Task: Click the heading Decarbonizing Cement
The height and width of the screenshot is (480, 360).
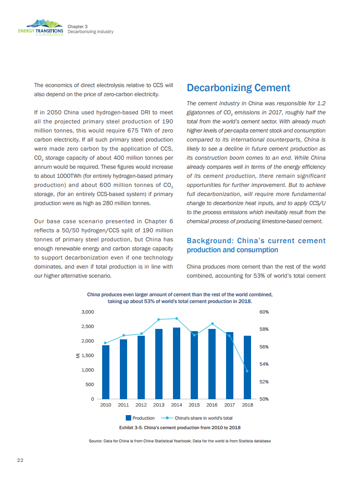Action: click(238, 88)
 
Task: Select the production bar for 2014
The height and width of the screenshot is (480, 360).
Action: click(177, 363)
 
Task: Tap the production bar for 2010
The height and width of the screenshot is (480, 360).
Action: click(106, 372)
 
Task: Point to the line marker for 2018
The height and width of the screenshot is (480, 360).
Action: click(247, 371)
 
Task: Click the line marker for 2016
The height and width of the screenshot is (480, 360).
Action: click(212, 323)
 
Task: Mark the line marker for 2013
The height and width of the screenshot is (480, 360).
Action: click(159, 319)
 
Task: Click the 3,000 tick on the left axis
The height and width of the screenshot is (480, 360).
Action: click(88, 312)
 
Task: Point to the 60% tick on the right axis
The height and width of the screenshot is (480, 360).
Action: click(265, 312)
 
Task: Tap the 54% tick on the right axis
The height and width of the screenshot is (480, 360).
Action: click(265, 364)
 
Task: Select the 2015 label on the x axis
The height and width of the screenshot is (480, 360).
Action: click(194, 405)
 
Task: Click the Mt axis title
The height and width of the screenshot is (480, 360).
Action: click(78, 355)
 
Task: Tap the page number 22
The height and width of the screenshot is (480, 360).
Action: click(20, 460)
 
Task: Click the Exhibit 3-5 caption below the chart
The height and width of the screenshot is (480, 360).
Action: click(180, 427)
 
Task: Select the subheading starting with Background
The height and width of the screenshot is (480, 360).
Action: click(256, 245)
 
